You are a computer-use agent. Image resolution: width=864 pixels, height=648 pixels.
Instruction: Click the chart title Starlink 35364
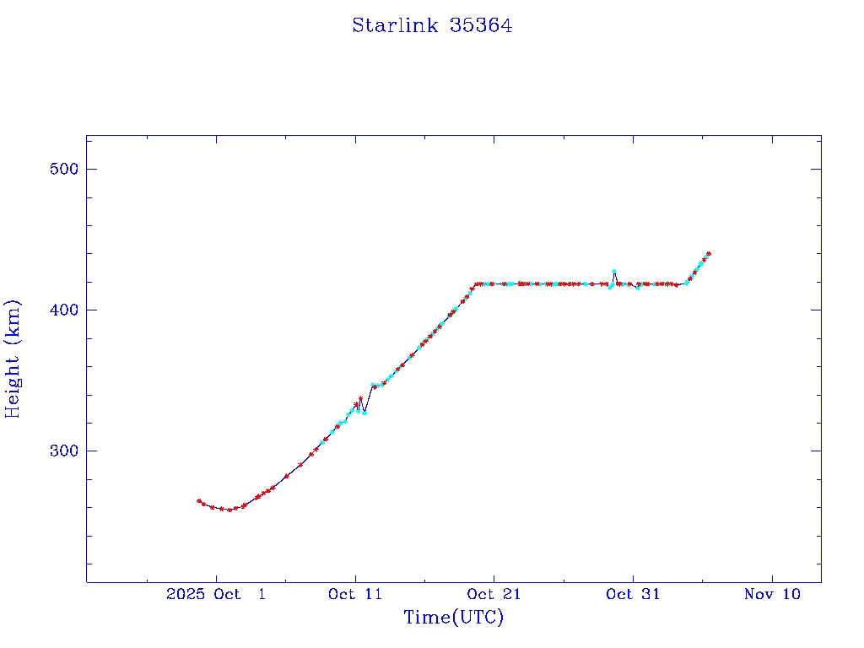pos(432,26)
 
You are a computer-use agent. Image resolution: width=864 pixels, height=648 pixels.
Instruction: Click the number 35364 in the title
pos(481,26)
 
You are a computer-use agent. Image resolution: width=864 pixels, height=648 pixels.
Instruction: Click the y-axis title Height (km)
pos(13,359)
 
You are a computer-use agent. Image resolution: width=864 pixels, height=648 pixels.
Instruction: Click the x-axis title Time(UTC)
pos(453,618)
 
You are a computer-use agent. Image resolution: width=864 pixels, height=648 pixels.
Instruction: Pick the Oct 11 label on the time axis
pos(355,595)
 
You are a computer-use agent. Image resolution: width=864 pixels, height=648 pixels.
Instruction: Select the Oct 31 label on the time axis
pos(633,595)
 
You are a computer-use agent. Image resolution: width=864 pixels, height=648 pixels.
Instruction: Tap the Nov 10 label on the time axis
pos(772,595)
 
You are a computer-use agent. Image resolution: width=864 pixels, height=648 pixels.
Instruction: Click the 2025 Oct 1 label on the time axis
pos(216,595)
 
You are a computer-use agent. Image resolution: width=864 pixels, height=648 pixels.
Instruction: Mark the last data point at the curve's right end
pos(709,253)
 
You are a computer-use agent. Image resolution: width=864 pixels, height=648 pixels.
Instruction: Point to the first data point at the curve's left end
pos(199,501)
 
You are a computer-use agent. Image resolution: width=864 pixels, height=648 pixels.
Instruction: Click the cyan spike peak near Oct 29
pos(613,272)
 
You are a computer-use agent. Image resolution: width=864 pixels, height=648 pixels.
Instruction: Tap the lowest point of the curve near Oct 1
pos(229,510)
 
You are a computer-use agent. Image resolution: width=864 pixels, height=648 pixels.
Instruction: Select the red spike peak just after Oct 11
pos(360,398)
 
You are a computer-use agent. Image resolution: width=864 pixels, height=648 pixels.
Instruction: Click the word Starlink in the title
pos(395,26)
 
